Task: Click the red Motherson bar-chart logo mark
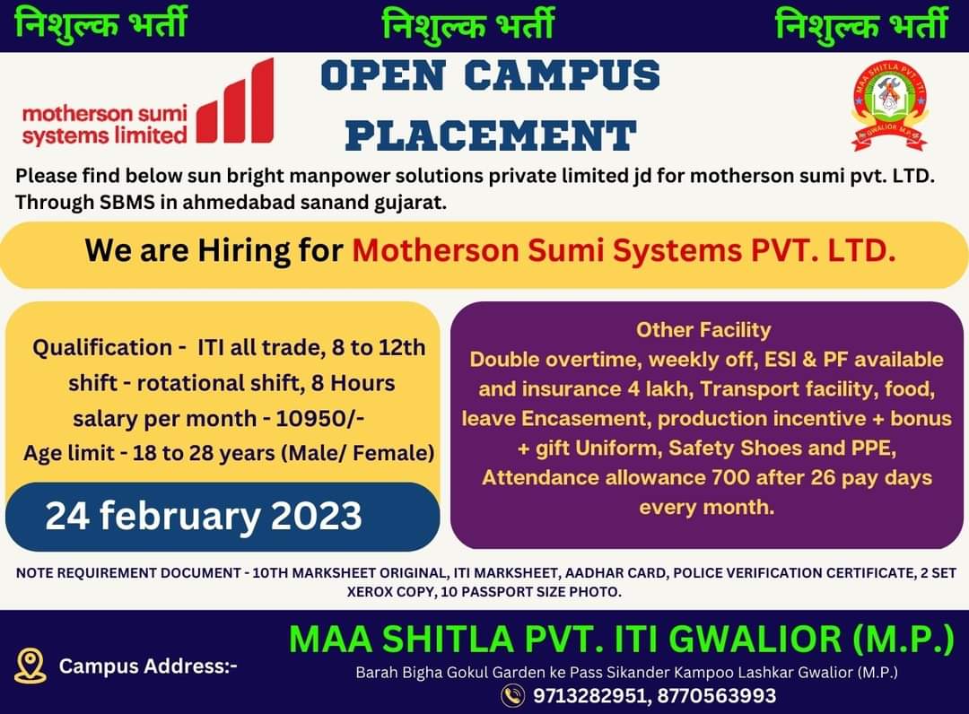pyautogui.click(x=235, y=101)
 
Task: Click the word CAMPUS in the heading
pyautogui.click(x=562, y=75)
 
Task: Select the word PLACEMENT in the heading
pyautogui.click(x=491, y=135)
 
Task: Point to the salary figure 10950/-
pyautogui.click(x=319, y=419)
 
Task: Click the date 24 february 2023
pyautogui.click(x=204, y=516)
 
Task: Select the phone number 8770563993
pyautogui.click(x=717, y=695)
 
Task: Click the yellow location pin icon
pyautogui.click(x=31, y=666)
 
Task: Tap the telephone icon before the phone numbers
pyautogui.click(x=513, y=695)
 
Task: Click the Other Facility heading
pyautogui.click(x=704, y=330)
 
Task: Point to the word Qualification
pyautogui.click(x=102, y=347)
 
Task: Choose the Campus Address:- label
pyautogui.click(x=148, y=666)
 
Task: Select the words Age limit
pyautogui.click(x=69, y=453)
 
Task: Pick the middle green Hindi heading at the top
pyautogui.click(x=467, y=26)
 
